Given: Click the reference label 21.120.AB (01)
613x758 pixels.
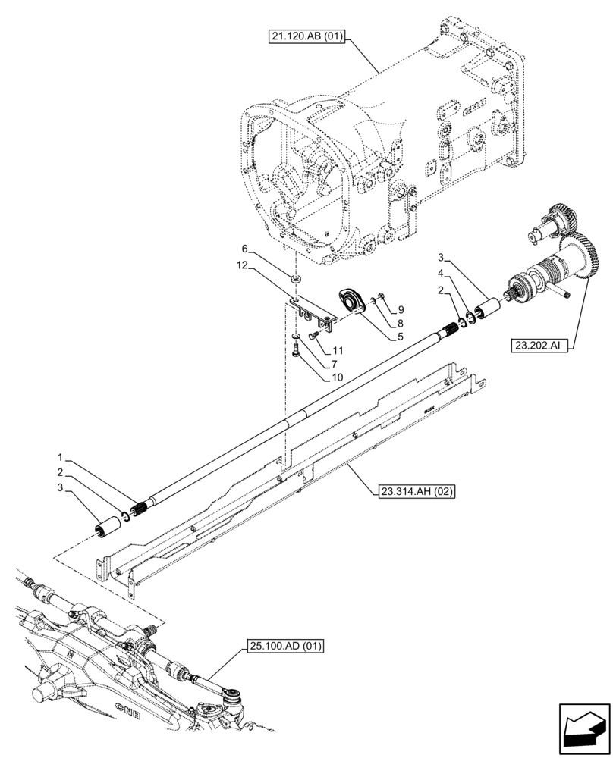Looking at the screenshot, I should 305,36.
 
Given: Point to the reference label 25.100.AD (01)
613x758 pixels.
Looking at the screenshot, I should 284,647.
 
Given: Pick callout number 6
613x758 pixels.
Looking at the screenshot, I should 245,249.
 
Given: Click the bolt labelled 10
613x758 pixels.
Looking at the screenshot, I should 296,350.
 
